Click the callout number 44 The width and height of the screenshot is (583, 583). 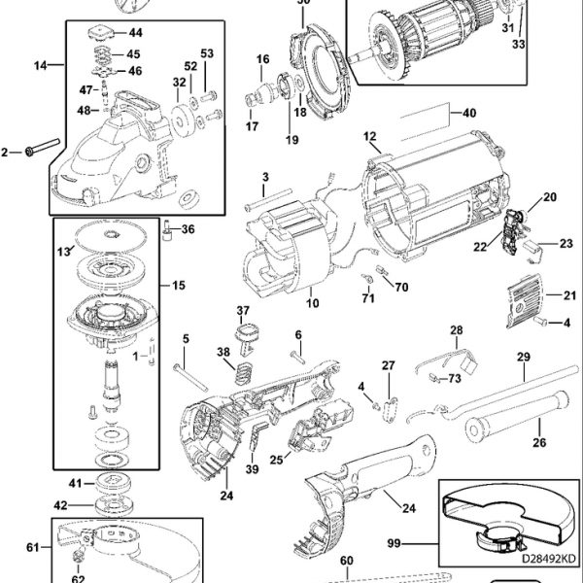click(134, 33)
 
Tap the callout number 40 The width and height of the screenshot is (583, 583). click(469, 113)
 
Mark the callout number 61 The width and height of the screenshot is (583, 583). click(32, 548)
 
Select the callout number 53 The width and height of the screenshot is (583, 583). click(207, 52)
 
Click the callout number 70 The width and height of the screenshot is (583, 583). click(401, 289)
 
